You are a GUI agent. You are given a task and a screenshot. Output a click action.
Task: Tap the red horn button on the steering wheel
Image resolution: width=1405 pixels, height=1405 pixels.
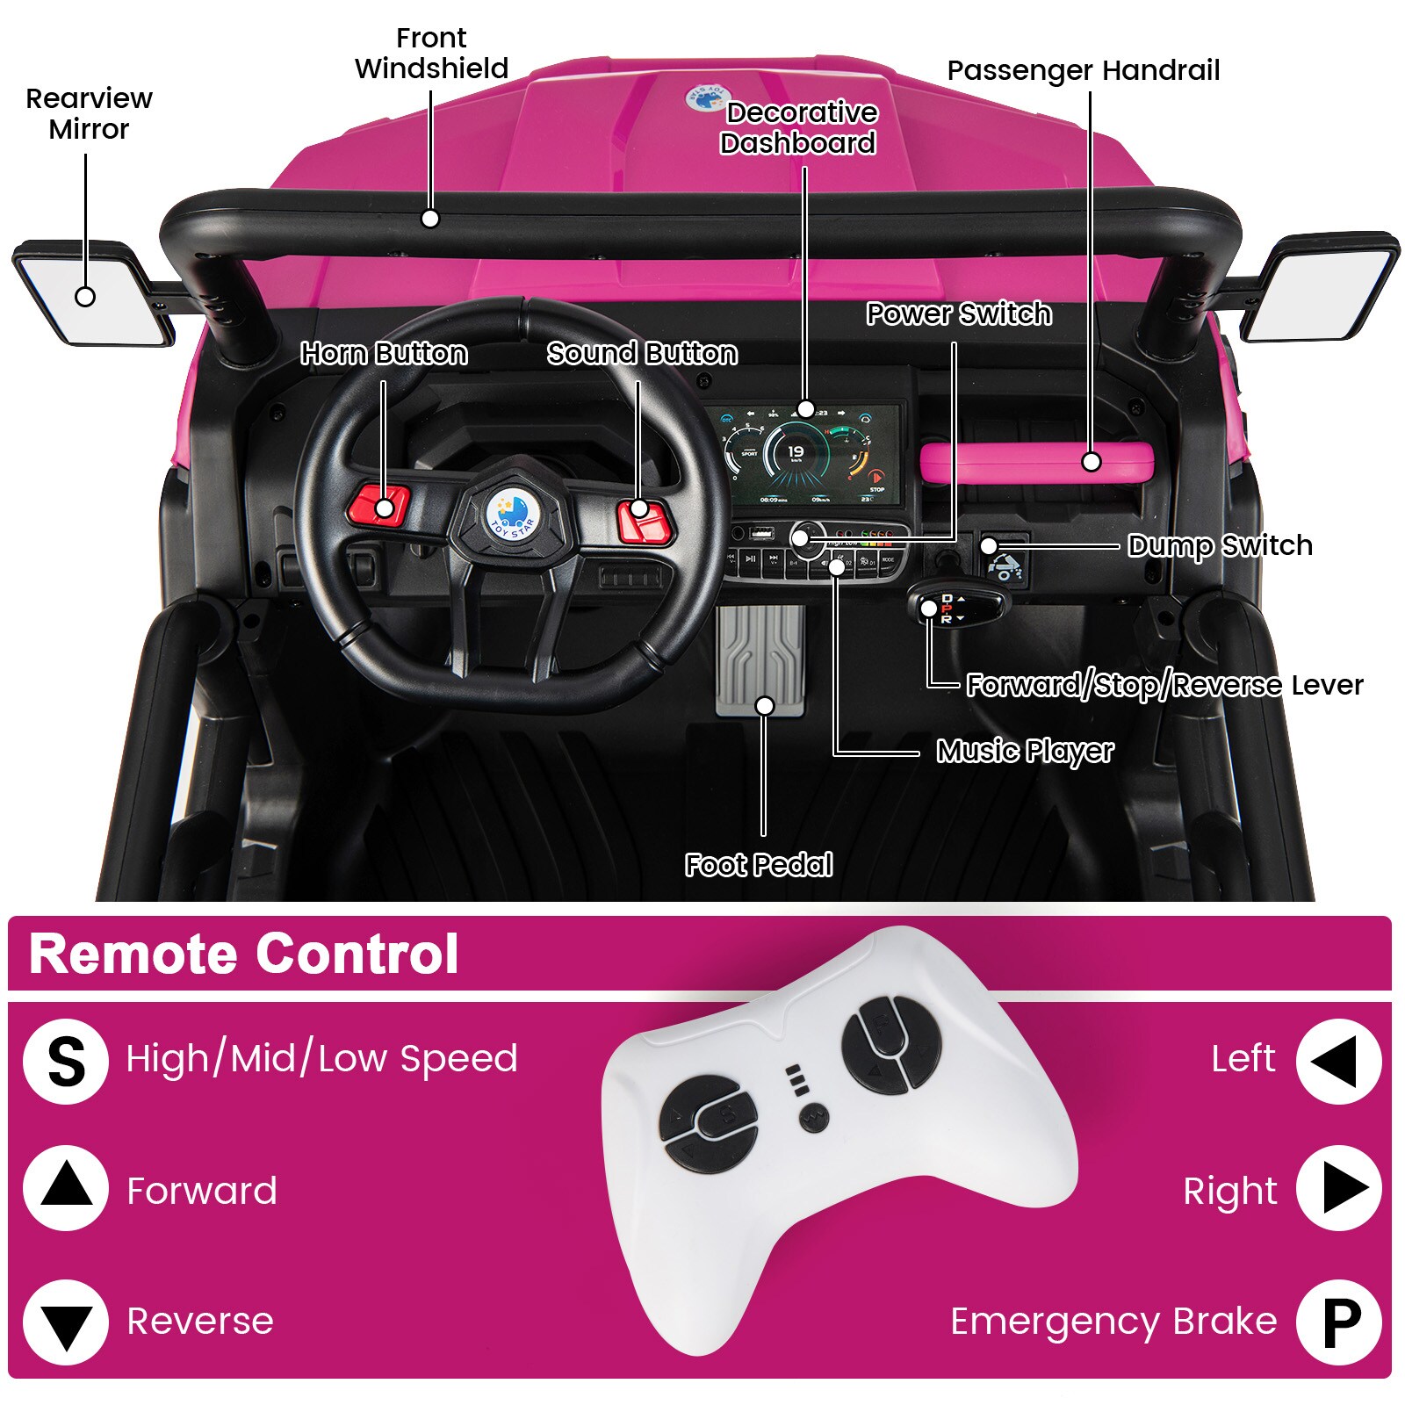(379, 506)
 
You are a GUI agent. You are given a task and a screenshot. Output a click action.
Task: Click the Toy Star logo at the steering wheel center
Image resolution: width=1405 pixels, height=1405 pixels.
(512, 515)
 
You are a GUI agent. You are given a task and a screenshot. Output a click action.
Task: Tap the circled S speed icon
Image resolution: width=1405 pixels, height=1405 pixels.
(66, 1061)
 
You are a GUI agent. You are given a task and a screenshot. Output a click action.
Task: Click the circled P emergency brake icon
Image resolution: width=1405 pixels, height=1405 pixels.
(1339, 1322)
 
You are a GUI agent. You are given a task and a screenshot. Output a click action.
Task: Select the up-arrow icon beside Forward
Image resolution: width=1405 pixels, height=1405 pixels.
(66, 1189)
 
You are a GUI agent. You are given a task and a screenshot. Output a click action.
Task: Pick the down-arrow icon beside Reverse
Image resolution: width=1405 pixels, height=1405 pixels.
(66, 1322)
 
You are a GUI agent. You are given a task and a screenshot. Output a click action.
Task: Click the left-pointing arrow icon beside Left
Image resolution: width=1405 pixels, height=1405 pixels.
(1337, 1061)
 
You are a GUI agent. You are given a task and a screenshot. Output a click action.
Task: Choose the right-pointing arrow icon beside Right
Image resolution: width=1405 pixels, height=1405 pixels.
(1339, 1189)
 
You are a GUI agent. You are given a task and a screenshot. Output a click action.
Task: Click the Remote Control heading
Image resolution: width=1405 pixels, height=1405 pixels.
(243, 954)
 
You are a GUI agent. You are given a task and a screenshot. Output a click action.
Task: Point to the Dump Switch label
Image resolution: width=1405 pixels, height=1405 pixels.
(1220, 545)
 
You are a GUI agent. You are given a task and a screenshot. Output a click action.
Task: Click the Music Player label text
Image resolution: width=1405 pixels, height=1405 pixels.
(1025, 751)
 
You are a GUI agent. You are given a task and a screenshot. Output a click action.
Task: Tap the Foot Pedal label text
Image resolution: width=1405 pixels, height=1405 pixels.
(759, 865)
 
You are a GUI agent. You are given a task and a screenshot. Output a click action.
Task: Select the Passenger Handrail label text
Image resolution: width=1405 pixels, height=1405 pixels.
(1084, 70)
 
